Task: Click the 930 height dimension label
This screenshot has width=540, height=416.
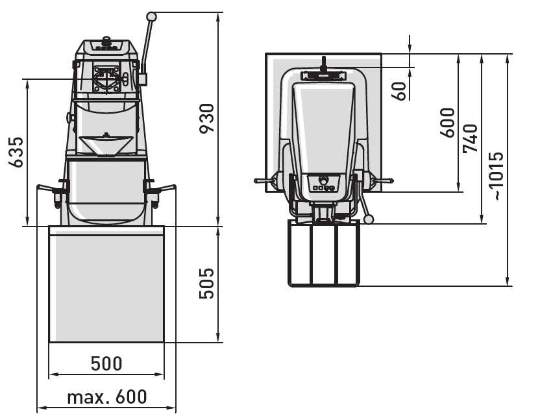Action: pyautogui.click(x=206, y=118)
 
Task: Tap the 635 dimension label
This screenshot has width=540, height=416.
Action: pyautogui.click(x=16, y=153)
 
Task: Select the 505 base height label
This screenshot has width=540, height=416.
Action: pyautogui.click(x=206, y=283)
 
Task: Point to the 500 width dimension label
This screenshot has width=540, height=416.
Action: pyautogui.click(x=106, y=363)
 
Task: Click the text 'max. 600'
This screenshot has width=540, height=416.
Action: pyautogui.click(x=106, y=397)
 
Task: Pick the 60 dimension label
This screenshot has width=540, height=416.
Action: pyautogui.click(x=400, y=91)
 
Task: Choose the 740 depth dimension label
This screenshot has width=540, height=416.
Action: pyautogui.click(x=471, y=138)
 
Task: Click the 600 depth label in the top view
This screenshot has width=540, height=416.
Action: pyautogui.click(x=448, y=123)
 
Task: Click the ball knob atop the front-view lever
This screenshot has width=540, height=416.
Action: pyautogui.click(x=151, y=16)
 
